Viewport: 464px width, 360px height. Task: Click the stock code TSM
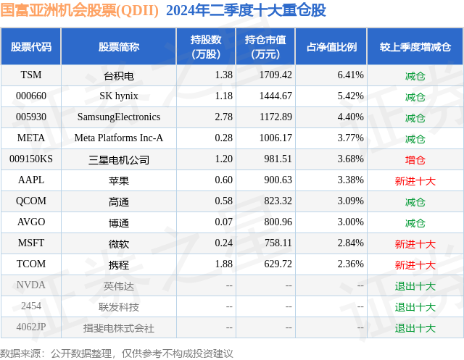tap(31, 75)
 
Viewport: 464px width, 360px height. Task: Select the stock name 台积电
tap(119, 75)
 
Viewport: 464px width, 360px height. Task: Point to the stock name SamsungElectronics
tap(119, 117)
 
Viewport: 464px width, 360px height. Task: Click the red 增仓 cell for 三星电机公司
tap(415, 159)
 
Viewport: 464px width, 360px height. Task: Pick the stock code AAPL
tap(31, 180)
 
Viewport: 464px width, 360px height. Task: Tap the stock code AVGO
tap(31, 222)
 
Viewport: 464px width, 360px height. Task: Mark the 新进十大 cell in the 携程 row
tap(415, 264)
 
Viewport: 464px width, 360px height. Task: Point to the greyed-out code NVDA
tap(31, 285)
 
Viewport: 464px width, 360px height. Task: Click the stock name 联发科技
tap(119, 306)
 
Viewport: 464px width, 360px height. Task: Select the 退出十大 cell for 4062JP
tap(415, 327)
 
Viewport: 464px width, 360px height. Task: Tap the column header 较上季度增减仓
tap(415, 47)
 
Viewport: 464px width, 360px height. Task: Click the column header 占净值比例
tap(331, 47)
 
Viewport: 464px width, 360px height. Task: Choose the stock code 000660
tap(31, 96)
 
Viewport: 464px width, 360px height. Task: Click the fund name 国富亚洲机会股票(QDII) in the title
tap(80, 10)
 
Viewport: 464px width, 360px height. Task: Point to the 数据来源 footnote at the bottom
tap(117, 353)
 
